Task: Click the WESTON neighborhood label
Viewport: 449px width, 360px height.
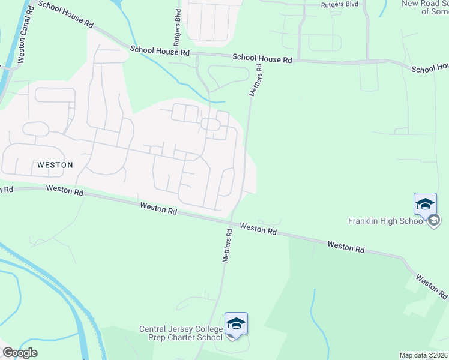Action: (x=55, y=164)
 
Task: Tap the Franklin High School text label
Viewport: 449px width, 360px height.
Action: (x=386, y=221)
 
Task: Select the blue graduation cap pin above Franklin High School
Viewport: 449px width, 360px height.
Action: (x=425, y=204)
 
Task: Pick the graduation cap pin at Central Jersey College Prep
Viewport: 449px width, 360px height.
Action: (x=237, y=323)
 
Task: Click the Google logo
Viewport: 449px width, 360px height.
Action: (x=20, y=353)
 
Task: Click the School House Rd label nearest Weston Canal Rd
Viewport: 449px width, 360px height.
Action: (x=65, y=14)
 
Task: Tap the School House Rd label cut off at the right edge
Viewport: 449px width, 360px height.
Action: (x=430, y=68)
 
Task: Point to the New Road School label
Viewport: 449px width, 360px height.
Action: (x=425, y=7)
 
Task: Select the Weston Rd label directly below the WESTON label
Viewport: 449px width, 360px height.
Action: (x=64, y=191)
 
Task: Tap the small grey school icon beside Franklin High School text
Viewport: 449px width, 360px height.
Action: (x=433, y=221)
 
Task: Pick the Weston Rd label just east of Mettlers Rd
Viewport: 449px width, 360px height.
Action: (x=258, y=228)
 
